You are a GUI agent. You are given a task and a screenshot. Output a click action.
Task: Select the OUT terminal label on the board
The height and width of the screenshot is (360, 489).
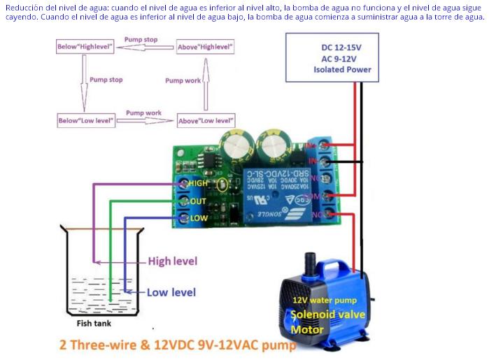point(198,201)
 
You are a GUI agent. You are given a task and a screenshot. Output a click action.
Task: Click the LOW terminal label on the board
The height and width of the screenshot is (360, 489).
point(199,218)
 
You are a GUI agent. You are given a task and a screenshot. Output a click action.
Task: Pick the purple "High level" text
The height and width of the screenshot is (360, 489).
point(172,261)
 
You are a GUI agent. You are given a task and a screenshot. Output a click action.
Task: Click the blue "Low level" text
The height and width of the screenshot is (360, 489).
point(171,292)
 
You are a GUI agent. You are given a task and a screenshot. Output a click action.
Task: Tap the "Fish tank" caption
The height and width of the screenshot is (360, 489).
point(93,324)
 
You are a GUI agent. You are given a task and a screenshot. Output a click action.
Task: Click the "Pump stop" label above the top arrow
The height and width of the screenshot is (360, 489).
point(141,40)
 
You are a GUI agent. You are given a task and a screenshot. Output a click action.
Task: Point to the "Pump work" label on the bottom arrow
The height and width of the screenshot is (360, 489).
point(143,113)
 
